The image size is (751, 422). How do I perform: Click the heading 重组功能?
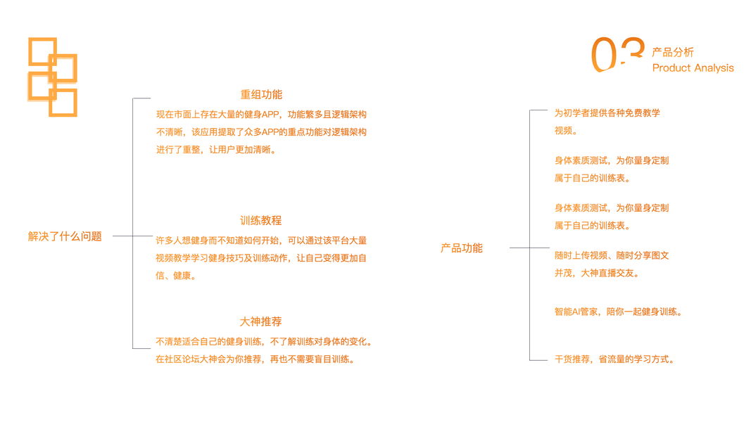click(x=261, y=95)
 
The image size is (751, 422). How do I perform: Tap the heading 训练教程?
click(x=261, y=221)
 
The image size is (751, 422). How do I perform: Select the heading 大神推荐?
click(x=261, y=322)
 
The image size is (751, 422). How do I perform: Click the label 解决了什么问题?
click(x=65, y=237)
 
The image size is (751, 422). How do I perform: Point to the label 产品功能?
click(x=462, y=248)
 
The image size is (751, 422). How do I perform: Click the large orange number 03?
click(x=617, y=55)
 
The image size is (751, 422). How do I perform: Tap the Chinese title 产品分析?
click(x=673, y=52)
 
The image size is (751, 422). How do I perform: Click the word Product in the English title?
click(x=671, y=68)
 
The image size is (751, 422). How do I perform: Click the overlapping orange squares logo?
click(x=52, y=77)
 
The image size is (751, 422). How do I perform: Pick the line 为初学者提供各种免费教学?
click(x=607, y=113)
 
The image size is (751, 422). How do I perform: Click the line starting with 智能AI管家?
click(x=618, y=312)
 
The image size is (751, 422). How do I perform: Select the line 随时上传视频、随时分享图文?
click(x=612, y=255)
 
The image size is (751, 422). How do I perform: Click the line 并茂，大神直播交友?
click(x=598, y=273)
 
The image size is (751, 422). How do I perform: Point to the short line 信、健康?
click(x=176, y=276)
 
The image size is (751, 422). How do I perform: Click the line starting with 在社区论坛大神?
click(x=255, y=359)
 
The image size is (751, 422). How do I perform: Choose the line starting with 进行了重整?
click(x=217, y=149)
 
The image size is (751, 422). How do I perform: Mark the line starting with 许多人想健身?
click(x=261, y=241)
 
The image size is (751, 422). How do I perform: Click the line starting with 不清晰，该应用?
click(x=261, y=132)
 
